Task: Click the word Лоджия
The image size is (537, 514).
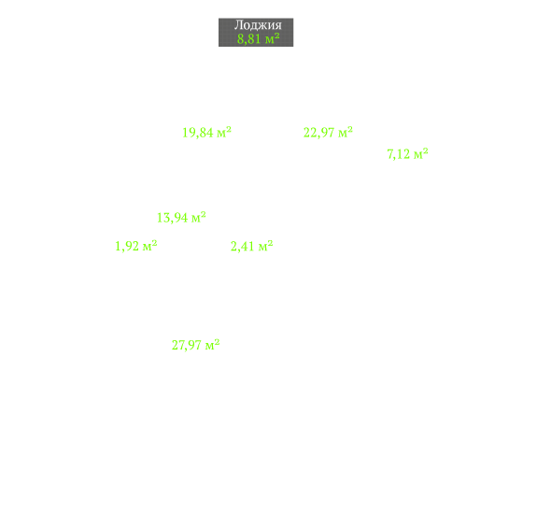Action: point(258,25)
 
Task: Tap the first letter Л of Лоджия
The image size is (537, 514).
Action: point(238,25)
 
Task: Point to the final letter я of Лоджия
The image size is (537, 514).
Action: point(278,26)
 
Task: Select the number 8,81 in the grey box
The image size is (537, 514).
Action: point(249,38)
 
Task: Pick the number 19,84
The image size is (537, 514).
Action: point(198,133)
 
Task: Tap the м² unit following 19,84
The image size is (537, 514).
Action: point(224,132)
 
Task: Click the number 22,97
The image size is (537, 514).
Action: point(318,133)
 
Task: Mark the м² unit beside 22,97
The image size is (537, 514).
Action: point(346,132)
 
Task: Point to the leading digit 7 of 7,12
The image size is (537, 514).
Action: point(390,154)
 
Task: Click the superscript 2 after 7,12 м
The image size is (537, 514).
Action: point(425,150)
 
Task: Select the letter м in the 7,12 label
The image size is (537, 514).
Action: point(417,155)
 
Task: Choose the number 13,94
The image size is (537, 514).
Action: point(172,218)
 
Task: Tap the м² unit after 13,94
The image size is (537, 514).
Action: point(199,217)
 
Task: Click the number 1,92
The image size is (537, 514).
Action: point(127,247)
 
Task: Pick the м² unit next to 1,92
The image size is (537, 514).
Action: point(149,246)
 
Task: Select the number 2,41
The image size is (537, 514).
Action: point(243,247)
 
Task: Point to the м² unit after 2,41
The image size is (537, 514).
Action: point(265,246)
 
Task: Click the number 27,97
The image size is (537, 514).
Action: point(186,345)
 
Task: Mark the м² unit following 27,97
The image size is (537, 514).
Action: point(212,344)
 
